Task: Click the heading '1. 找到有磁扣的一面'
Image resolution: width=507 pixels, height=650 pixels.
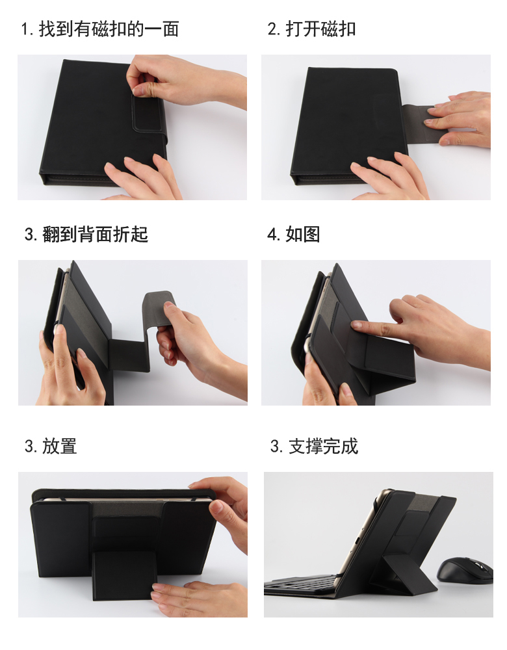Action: point(100,29)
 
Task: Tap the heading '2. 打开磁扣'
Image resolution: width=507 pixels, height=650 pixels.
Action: point(311,29)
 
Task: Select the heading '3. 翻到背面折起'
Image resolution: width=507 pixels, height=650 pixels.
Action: point(86,234)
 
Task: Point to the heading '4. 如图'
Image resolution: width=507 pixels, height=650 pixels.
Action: point(294,234)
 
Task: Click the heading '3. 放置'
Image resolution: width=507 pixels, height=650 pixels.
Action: point(51,446)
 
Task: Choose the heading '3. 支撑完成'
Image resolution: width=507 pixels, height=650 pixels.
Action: point(314,446)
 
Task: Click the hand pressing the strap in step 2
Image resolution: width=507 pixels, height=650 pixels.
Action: point(458,119)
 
